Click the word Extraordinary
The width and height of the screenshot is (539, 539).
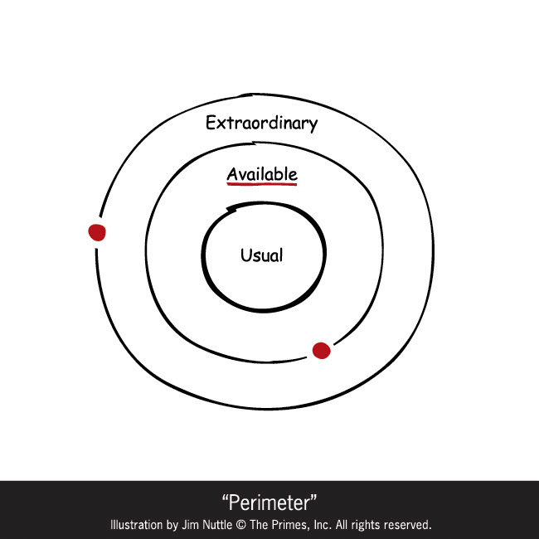tap(261, 124)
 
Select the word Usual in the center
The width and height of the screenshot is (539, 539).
tap(261, 255)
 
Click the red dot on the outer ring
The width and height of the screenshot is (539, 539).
tap(97, 232)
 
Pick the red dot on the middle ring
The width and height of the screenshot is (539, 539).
tap(322, 350)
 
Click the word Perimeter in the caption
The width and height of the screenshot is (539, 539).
tap(269, 503)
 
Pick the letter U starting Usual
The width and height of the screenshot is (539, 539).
tap(245, 255)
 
